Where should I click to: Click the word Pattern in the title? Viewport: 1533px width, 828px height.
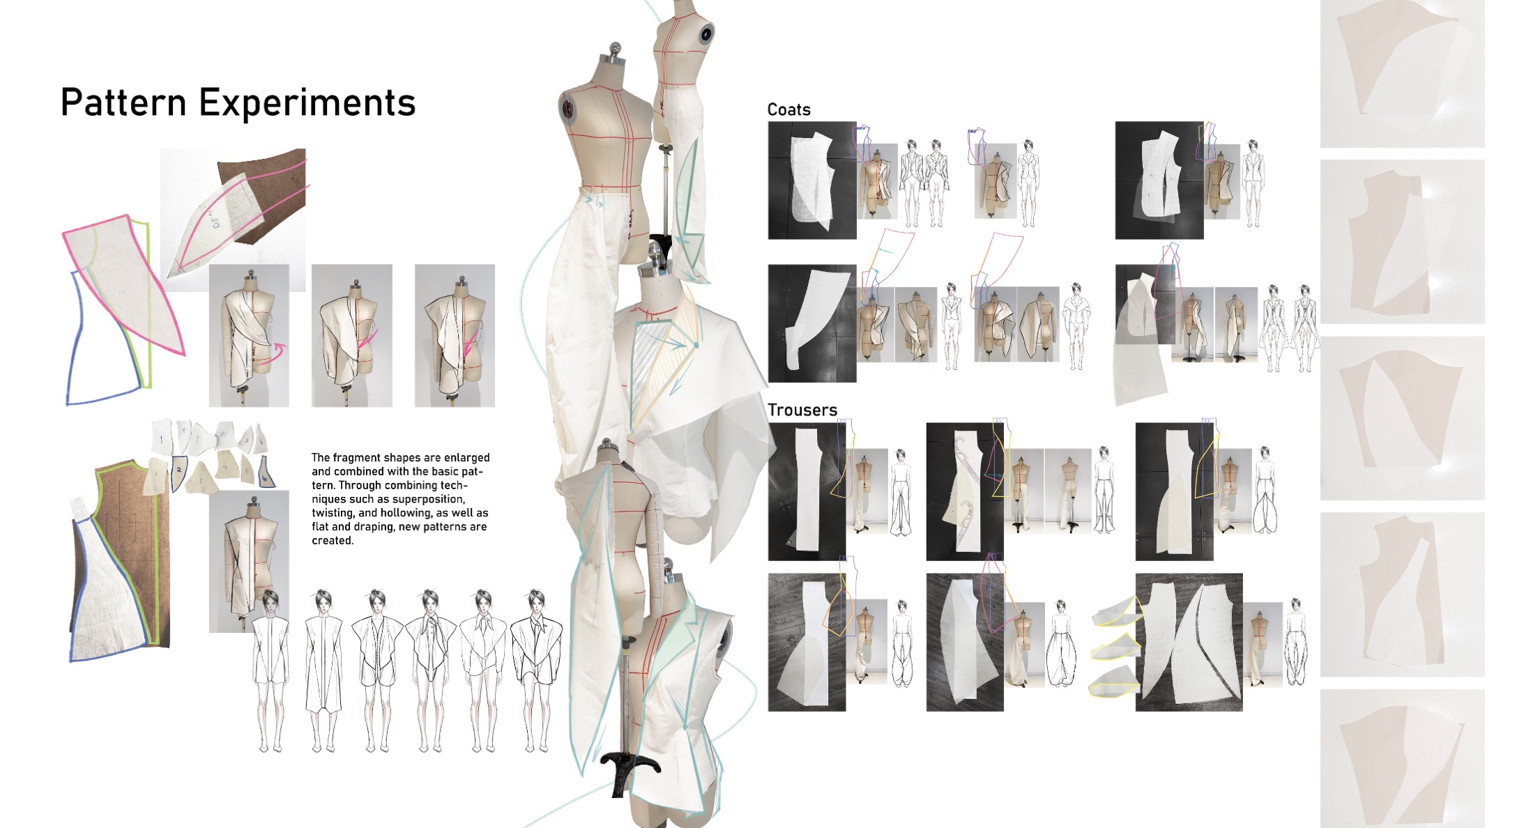[123, 102]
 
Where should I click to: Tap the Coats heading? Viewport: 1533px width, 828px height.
[788, 109]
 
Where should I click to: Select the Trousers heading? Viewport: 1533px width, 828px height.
[802, 410]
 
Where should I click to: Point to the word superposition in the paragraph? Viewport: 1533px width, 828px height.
[428, 499]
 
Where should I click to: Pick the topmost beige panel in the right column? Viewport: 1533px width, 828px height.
[1402, 73]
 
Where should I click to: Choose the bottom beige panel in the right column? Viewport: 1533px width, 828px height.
[1402, 758]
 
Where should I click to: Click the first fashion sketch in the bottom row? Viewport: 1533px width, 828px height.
[270, 670]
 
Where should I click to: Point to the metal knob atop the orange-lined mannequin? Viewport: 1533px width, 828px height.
[615, 49]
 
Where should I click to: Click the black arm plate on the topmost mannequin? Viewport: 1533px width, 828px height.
[707, 33]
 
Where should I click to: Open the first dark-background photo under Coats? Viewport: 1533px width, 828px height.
[812, 181]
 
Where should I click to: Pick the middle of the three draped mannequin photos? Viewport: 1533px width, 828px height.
[352, 335]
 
